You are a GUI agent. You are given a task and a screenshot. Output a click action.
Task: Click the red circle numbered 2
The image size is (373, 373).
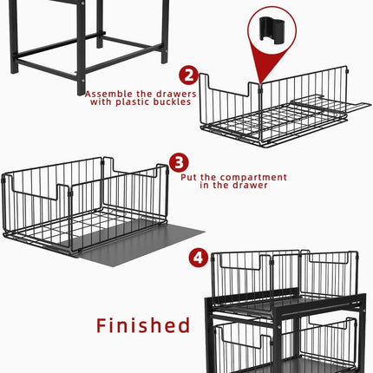(x=189, y=75)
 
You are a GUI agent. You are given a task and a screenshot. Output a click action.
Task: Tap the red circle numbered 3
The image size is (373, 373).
(x=179, y=162)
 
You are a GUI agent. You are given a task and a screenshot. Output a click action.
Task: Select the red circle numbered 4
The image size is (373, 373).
(x=199, y=257)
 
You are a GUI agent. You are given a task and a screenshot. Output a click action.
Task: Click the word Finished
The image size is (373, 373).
(x=143, y=325)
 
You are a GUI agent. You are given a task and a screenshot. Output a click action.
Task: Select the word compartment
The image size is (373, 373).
(x=256, y=178)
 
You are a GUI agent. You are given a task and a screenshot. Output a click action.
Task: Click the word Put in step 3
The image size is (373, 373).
(x=189, y=177)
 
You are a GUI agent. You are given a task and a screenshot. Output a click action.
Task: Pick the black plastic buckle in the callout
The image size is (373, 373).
(x=272, y=29)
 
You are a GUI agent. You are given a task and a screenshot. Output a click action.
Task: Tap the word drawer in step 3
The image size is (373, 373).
(x=250, y=185)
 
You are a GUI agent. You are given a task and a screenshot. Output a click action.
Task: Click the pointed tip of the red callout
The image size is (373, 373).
(x=260, y=84)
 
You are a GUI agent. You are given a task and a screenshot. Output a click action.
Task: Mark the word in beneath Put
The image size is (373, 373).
(x=204, y=185)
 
